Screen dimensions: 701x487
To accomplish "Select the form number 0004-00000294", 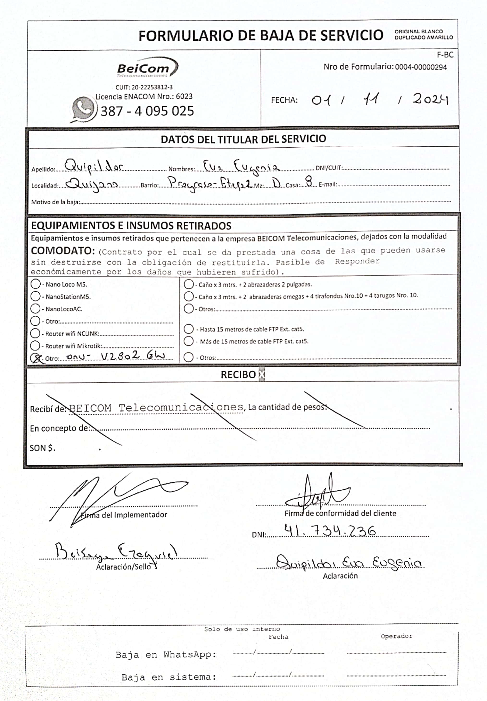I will coord(421,67).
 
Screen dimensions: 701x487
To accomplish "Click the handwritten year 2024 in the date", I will coord(430,99).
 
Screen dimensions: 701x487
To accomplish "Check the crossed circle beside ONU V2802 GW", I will coord(36,358).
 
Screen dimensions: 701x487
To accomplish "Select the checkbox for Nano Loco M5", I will coord(36,284).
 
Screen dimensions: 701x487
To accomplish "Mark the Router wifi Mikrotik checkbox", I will coord(35,346).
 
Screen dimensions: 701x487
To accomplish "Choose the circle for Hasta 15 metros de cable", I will coord(189,329).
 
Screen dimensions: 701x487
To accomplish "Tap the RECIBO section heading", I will coord(238,375).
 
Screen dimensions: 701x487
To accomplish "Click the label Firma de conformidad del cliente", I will coord(340,513).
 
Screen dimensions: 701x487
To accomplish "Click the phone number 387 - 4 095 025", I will coord(147,111).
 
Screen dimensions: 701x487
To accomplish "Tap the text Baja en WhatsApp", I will coord(166,655).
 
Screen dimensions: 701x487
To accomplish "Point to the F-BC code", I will coord(445,55).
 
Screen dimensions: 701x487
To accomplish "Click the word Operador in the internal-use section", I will coord(396,636).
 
